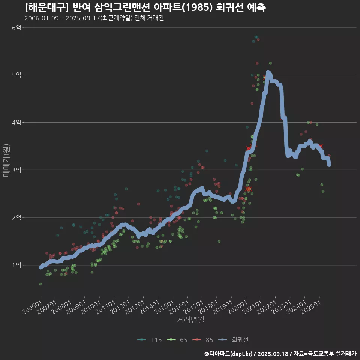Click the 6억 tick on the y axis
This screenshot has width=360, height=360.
coord(16,27)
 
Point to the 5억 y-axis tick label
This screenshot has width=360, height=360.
coord(16,75)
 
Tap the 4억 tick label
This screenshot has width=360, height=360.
coord(16,122)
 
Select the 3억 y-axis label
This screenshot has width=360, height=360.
coord(16,170)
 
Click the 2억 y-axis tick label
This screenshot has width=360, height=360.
coord(16,217)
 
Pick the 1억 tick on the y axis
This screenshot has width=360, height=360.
coord(16,265)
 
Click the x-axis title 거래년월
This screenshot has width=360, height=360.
coord(190,320)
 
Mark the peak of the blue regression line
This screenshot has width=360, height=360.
coord(268,72)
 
